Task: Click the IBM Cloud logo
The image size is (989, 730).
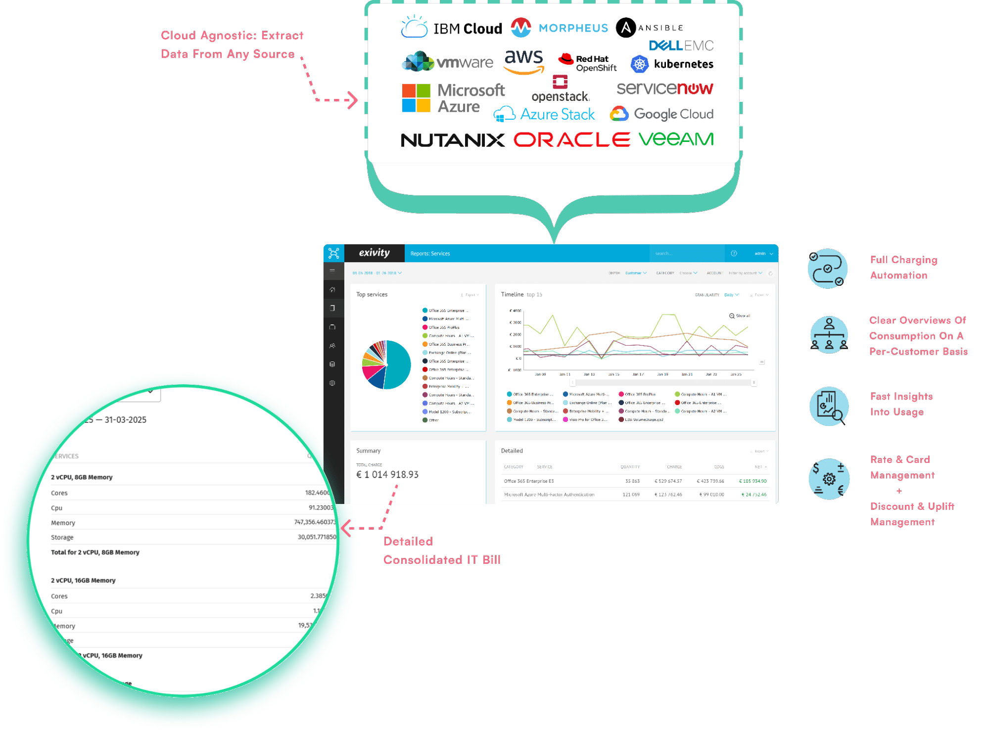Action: [x=451, y=28]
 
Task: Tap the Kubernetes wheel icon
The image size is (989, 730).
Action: [x=639, y=64]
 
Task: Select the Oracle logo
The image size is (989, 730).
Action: [x=571, y=140]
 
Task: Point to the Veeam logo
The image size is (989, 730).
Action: [x=676, y=139]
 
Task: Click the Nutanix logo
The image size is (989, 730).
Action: [x=452, y=140]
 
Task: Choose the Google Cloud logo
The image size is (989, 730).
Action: [x=661, y=114]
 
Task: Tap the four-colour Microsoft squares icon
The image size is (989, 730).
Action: [x=416, y=98]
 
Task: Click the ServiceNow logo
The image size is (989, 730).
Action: [x=664, y=89]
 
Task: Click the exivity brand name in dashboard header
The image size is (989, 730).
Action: [x=374, y=253]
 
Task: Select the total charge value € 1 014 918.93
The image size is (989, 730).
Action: [x=387, y=475]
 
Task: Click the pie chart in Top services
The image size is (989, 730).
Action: [x=386, y=365]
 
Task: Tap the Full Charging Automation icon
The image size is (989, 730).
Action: [x=828, y=269]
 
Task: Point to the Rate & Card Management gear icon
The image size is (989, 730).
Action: [x=829, y=479]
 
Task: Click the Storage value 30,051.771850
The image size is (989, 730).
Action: [x=317, y=537]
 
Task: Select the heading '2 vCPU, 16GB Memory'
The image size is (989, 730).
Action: [x=83, y=580]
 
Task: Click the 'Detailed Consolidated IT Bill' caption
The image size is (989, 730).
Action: [x=441, y=550]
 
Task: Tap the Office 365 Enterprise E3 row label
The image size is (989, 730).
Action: [x=528, y=481]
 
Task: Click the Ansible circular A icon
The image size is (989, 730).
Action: [x=625, y=28]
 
